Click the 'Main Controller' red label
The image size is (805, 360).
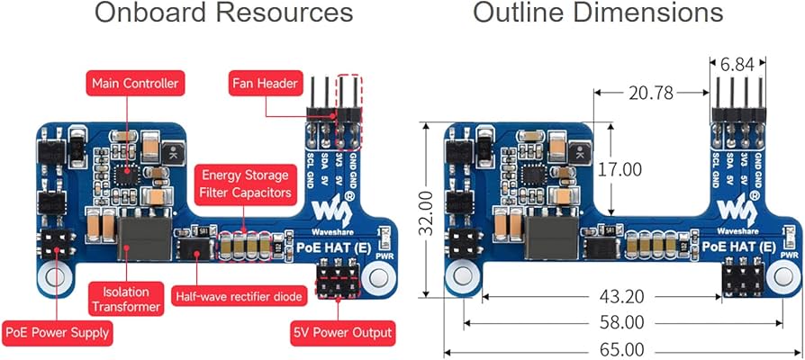pyautogui.click(x=133, y=84)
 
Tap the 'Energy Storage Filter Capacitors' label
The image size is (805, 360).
pyautogui.click(x=245, y=184)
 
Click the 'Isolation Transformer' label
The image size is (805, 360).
pyautogui.click(x=125, y=299)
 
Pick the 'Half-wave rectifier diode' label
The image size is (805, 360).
pyautogui.click(x=239, y=295)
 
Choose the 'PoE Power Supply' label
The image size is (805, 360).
pyautogui.click(x=58, y=332)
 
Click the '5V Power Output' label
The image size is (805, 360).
pyautogui.click(x=342, y=332)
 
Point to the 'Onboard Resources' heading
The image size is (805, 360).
pyautogui.click(x=223, y=13)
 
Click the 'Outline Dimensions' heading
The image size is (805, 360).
pyautogui.click(x=598, y=13)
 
